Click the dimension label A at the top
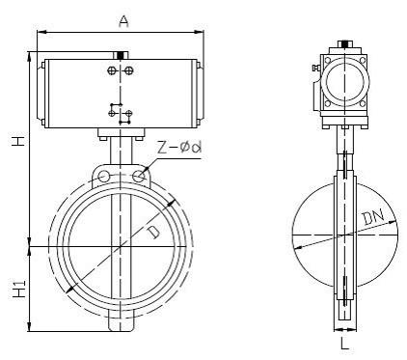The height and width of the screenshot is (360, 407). click(123, 21)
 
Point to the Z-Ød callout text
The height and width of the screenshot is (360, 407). click(179, 148)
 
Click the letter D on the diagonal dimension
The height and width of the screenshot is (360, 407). click(153, 232)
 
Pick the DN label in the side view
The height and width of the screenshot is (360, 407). click(373, 217)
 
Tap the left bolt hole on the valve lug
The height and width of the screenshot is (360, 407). click(103, 176)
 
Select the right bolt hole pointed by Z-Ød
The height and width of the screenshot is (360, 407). click(139, 176)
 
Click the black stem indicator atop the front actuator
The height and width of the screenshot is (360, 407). click(122, 55)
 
